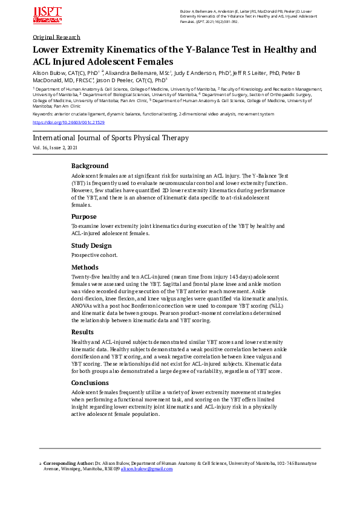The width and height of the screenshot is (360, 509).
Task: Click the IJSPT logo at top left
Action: [47, 16]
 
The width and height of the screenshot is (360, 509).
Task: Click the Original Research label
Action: [57, 37]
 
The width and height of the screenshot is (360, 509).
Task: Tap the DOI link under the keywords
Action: [68, 122]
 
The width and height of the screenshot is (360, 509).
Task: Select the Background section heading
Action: [90, 166]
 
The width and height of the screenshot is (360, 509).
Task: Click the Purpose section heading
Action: [83, 216]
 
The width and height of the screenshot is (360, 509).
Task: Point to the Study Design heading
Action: [91, 245]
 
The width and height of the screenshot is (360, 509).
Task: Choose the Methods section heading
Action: [85, 267]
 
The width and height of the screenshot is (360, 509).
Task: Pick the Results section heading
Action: [83, 332]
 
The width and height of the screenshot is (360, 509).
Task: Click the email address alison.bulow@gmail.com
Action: [147, 468]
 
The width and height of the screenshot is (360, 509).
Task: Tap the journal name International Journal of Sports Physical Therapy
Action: [111, 138]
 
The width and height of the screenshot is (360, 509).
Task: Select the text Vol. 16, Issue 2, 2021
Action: [55, 148]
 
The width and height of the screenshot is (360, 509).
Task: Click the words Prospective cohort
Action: [94, 255]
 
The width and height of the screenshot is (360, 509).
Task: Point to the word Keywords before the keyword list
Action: [42, 114]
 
